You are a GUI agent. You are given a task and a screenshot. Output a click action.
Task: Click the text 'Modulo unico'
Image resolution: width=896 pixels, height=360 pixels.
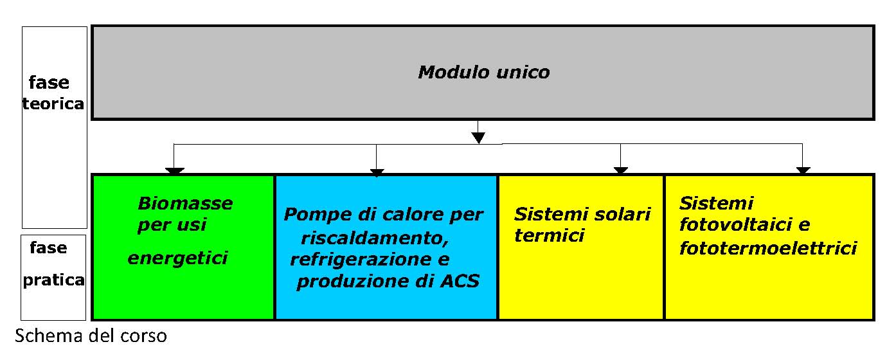pos(483,73)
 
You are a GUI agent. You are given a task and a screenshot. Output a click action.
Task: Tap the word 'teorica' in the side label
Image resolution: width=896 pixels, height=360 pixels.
pos(53,104)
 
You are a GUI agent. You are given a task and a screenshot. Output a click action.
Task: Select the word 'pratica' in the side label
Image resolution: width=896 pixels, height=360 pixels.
pos(53,280)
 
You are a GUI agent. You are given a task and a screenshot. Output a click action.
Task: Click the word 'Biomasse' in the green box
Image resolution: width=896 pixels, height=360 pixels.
pos(185,203)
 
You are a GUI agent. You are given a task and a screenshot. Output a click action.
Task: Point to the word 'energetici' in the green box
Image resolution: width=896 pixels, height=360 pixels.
pos(177,258)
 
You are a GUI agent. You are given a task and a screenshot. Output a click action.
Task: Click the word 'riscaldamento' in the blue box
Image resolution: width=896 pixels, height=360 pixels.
pos(375,239)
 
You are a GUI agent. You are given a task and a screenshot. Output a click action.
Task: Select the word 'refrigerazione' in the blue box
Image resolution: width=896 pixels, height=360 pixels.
pos(359,260)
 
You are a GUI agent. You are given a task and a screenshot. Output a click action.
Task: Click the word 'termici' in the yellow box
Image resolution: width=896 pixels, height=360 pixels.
pos(549,235)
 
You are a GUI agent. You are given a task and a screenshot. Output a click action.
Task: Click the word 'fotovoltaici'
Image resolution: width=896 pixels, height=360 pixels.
pos(735,224)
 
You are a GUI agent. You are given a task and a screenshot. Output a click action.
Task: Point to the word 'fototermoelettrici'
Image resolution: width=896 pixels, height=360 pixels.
pos(768,248)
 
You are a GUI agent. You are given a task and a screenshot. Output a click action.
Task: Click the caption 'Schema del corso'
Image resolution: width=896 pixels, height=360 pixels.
pos(91,336)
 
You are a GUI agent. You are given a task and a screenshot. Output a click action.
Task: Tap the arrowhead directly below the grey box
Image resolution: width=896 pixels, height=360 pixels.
pos(478,138)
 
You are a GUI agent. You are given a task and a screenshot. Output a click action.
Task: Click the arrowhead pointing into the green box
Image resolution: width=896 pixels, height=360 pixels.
pos(174,171)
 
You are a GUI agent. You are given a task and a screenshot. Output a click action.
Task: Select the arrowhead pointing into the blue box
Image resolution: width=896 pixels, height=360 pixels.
pos(377,172)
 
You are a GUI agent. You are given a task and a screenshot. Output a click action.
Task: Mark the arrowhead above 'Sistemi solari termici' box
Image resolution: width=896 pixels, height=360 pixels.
pos(620,170)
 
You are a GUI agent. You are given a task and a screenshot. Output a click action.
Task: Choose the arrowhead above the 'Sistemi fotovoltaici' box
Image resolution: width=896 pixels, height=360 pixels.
pos(803,170)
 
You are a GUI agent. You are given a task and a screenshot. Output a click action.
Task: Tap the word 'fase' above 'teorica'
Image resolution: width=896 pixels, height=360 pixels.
pos(49,83)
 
